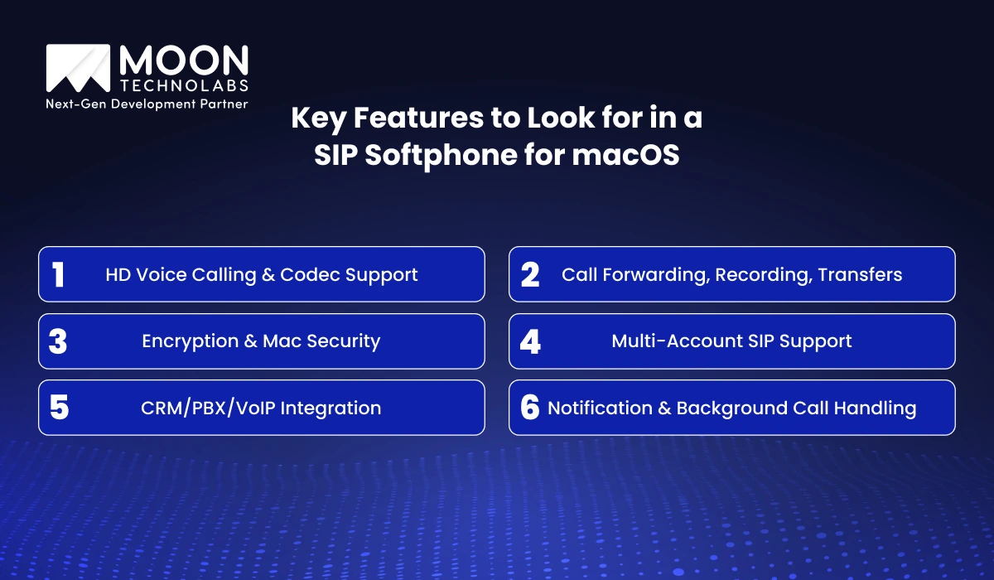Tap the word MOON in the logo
pos(184,60)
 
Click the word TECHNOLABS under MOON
pos(183,85)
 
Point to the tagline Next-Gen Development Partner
pos(147,104)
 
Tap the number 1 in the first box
pos(59,274)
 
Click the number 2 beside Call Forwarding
pos(530,274)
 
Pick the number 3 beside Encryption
pos(58,341)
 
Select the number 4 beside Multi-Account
pos(530,341)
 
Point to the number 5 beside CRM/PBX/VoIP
pos(58,408)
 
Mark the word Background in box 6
pos(736,408)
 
